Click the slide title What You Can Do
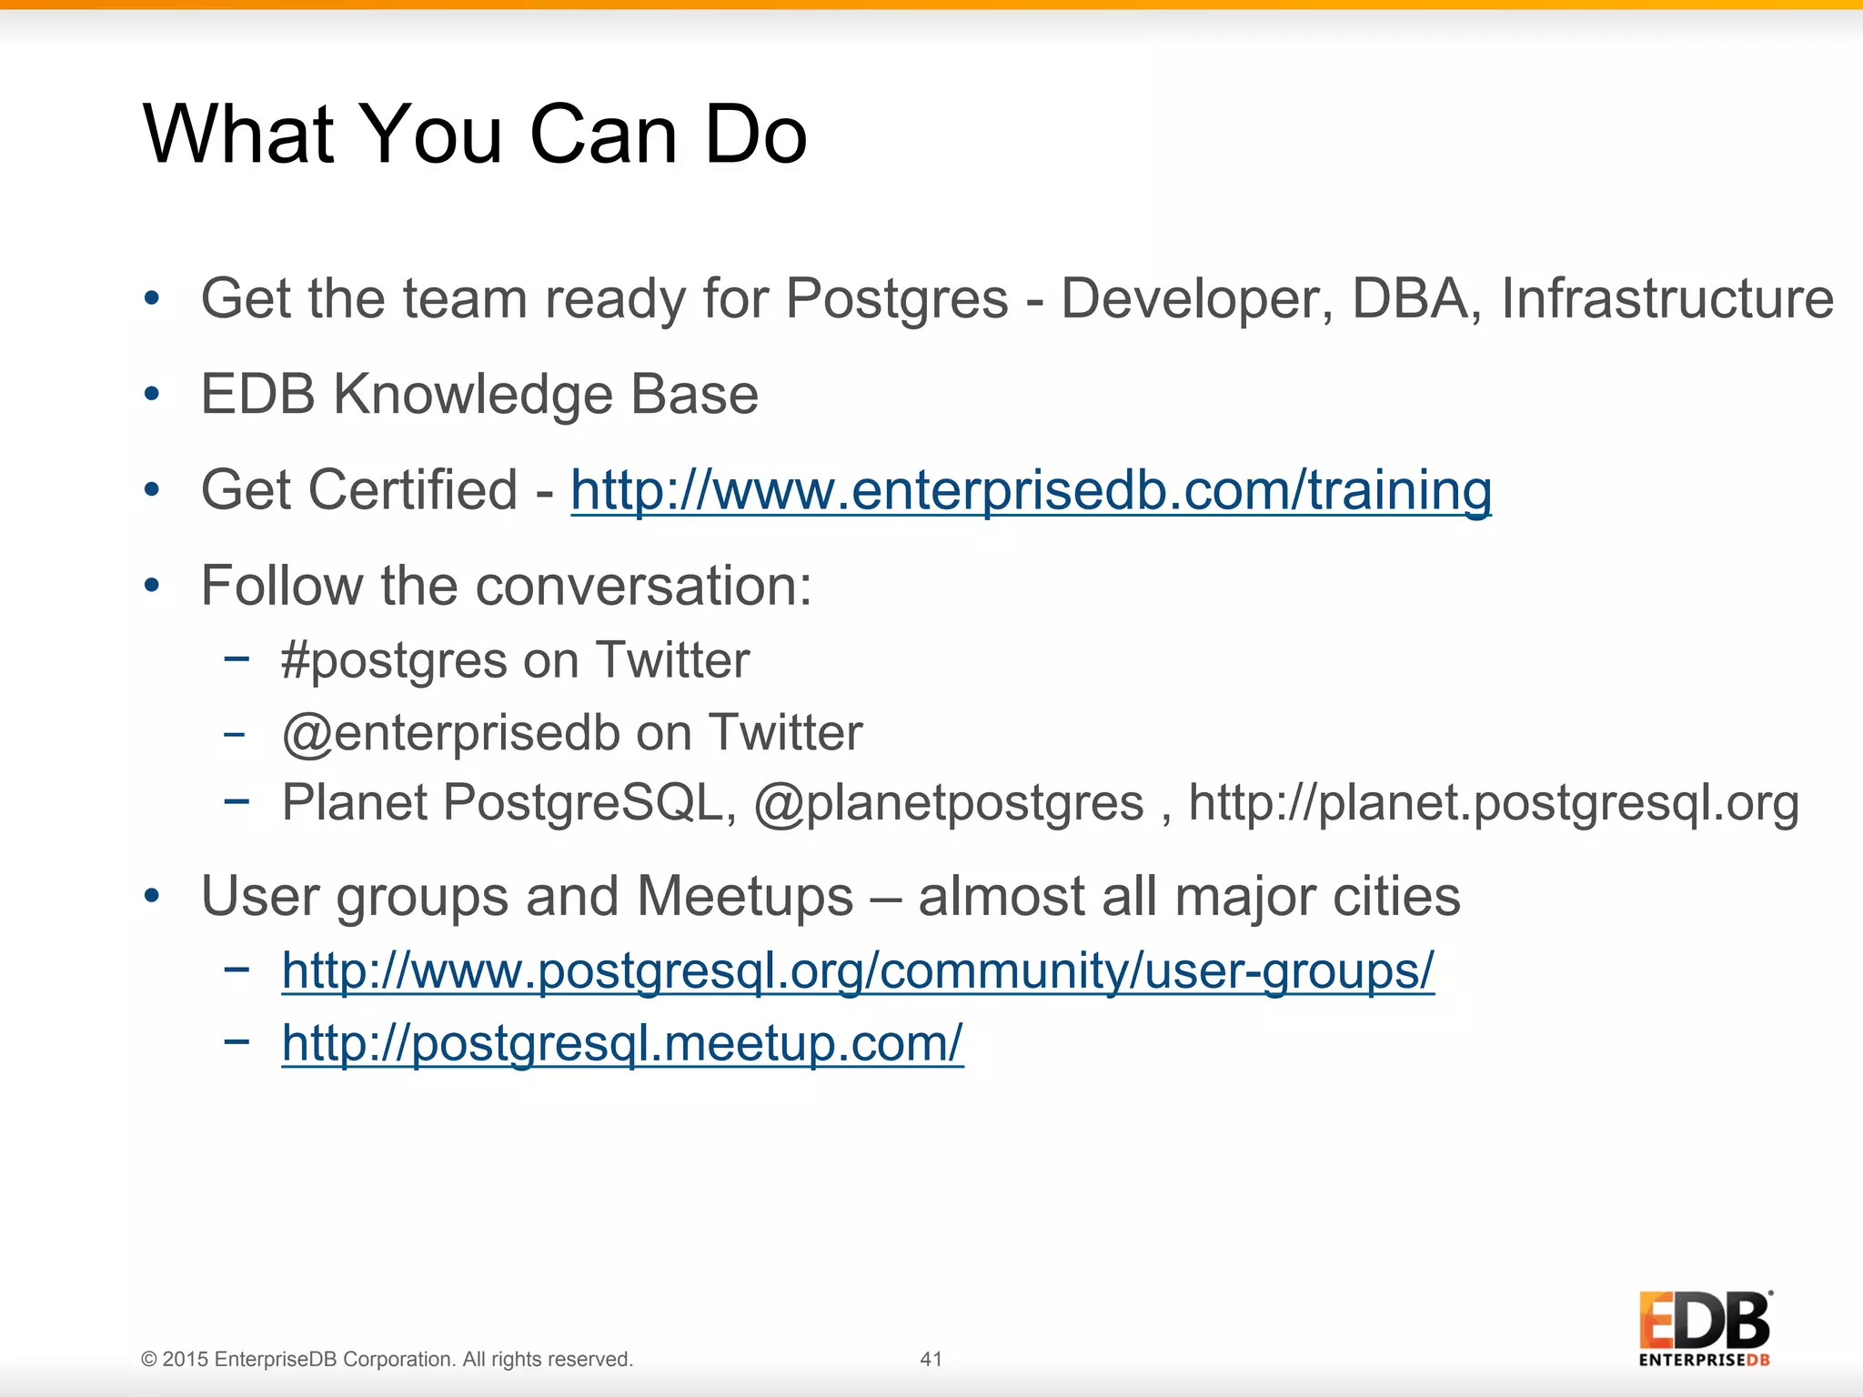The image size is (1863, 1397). click(x=475, y=135)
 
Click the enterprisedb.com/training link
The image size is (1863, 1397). click(x=1031, y=491)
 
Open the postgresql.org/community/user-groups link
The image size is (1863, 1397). click(x=858, y=970)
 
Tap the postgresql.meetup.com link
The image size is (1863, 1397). click(x=622, y=1043)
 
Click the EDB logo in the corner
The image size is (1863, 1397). click(x=1704, y=1328)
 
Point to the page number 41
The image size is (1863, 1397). click(x=931, y=1359)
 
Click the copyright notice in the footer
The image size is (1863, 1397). click(x=387, y=1359)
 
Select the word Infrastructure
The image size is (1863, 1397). click(x=1667, y=299)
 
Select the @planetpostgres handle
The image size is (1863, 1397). click(x=949, y=804)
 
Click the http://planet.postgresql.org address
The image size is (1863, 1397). click(x=1494, y=804)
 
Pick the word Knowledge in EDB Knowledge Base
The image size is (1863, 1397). click(x=472, y=396)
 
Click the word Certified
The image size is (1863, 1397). click(x=417, y=491)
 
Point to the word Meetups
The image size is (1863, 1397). click(x=745, y=898)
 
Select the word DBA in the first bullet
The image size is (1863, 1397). click(x=1409, y=299)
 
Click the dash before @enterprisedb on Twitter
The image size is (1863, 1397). click(x=235, y=733)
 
